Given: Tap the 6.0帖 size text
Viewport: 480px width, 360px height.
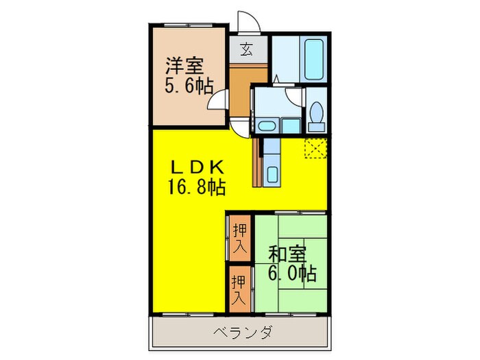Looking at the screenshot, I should pos(291,274).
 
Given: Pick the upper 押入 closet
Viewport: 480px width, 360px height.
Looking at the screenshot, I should pos(239,238).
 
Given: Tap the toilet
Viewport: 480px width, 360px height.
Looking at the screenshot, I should pos(316,115).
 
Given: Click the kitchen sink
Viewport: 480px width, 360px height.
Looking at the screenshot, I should pos(272,174).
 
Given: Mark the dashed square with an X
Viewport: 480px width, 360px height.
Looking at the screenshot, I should pos(317,147).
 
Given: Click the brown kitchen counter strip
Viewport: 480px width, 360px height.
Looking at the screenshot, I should pos(256,163).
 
